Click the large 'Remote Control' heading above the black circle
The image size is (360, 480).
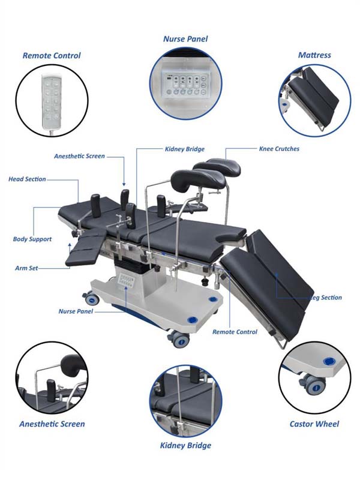[52, 56]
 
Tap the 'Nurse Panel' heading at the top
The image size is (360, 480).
[185, 39]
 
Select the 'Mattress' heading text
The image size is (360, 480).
[314, 55]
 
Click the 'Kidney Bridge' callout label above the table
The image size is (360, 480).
[185, 149]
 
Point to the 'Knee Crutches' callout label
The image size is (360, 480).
[279, 149]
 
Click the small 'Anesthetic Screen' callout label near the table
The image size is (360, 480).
[79, 156]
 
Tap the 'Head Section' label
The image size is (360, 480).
[27, 179]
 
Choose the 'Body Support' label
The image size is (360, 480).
[32, 239]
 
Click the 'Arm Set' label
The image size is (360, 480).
[26, 268]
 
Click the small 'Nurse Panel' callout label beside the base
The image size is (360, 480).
[76, 311]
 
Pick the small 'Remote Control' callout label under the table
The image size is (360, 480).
[235, 332]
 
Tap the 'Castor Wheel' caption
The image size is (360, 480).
[314, 424]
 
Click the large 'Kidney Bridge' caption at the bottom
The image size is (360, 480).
[185, 445]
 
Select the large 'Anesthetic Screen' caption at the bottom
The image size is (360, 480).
[52, 424]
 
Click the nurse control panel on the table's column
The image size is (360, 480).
[126, 281]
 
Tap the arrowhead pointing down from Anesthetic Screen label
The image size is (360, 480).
[124, 184]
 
